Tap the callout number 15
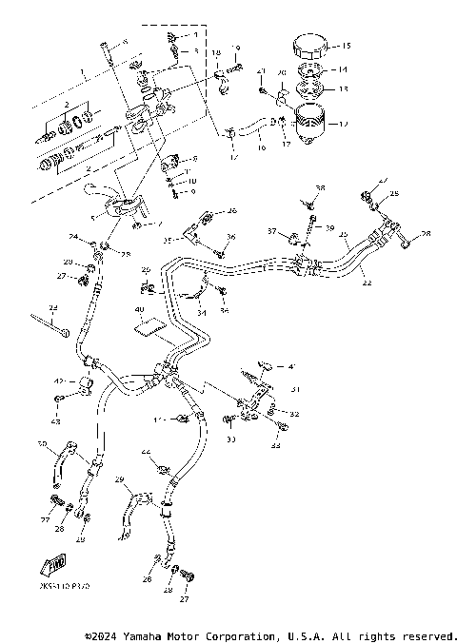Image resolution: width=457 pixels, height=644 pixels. [x=347, y=46]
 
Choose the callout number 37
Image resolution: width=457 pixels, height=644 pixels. [x=271, y=231]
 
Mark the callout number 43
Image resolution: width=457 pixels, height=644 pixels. [x=56, y=421]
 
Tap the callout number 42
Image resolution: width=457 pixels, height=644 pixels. [x=57, y=381]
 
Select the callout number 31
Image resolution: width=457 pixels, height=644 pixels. [x=295, y=388]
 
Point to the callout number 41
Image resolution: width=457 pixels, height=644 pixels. [x=292, y=365]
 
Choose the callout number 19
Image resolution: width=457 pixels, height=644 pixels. [x=237, y=49]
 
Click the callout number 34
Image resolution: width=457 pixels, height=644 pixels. [x=201, y=310]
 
